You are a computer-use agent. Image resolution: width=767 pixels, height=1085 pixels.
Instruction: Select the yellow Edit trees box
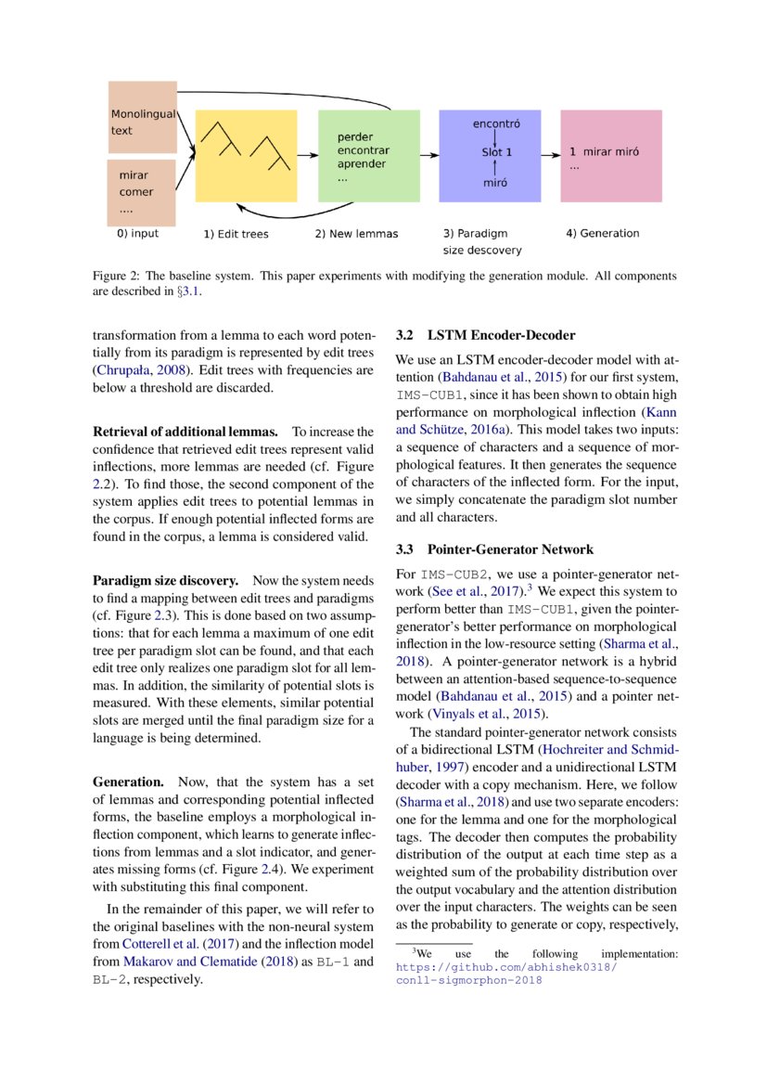(x=246, y=155)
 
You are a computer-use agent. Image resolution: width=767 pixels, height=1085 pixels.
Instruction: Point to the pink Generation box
(x=610, y=155)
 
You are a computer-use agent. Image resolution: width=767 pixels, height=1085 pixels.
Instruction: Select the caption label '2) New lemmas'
(x=356, y=234)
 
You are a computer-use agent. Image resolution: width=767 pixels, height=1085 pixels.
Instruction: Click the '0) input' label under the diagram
(x=137, y=233)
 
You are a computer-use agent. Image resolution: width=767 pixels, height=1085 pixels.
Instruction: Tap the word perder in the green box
(x=354, y=136)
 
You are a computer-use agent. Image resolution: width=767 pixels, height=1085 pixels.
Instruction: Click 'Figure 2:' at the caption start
(x=116, y=277)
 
